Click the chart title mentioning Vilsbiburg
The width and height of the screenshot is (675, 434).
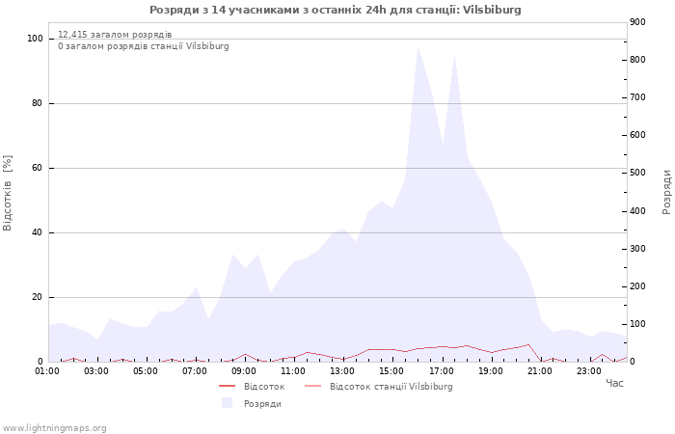click(x=335, y=10)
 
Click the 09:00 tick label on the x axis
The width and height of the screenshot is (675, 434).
click(x=244, y=370)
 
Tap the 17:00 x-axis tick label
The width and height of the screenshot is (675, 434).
click(x=442, y=370)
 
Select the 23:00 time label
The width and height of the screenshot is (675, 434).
click(x=589, y=370)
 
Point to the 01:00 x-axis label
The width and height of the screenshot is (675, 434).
click(x=47, y=370)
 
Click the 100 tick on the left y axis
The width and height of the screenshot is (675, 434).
click(x=36, y=39)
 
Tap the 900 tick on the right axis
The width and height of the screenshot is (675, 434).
click(x=636, y=22)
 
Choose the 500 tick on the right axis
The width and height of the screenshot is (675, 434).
click(x=636, y=173)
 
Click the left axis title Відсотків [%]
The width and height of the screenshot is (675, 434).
click(x=9, y=192)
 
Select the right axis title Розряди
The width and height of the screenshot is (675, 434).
click(x=666, y=191)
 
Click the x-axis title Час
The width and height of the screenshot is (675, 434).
click(x=614, y=384)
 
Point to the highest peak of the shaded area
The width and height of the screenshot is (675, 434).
click(x=418, y=46)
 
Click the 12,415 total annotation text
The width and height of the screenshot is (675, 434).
click(x=115, y=35)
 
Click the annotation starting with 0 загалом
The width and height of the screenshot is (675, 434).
click(x=144, y=46)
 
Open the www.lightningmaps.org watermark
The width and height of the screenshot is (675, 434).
click(x=55, y=428)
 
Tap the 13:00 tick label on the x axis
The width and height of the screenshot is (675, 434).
click(x=342, y=370)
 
